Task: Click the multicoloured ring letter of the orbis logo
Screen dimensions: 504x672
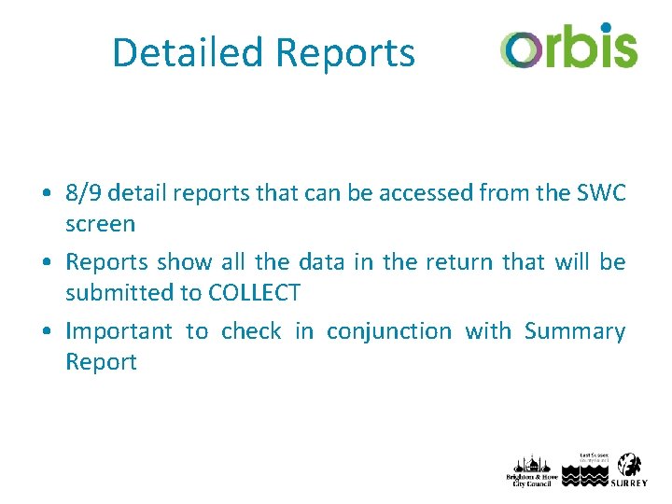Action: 519,48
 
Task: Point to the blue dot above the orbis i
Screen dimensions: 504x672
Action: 606,27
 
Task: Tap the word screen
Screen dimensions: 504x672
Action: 100,224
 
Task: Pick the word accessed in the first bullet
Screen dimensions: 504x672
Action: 420,193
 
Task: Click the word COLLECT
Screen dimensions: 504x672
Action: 254,293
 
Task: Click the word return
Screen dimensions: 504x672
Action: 456,262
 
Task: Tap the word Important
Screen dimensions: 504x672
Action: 119,331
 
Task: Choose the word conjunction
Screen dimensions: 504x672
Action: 388,331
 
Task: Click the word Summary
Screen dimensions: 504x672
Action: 574,331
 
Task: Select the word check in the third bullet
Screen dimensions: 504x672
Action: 250,331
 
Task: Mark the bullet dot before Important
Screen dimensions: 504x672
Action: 47,332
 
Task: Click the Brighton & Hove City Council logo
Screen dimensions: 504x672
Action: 529,469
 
